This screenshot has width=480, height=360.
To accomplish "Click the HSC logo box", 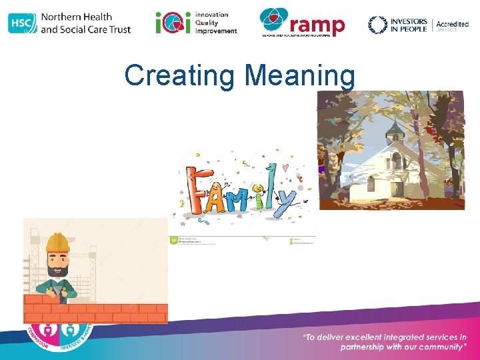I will [22, 23].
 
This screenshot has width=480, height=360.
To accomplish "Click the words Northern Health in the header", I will [76, 17].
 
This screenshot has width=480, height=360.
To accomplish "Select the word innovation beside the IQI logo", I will [211, 14].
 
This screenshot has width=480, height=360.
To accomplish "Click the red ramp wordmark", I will [318, 25].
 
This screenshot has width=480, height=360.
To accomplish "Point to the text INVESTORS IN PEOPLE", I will [408, 25].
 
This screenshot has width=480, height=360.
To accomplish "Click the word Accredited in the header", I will [452, 24].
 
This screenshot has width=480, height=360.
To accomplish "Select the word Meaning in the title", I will [300, 75].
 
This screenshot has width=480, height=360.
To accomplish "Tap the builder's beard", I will [59, 270].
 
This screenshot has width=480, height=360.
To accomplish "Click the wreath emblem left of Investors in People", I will [378, 25].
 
